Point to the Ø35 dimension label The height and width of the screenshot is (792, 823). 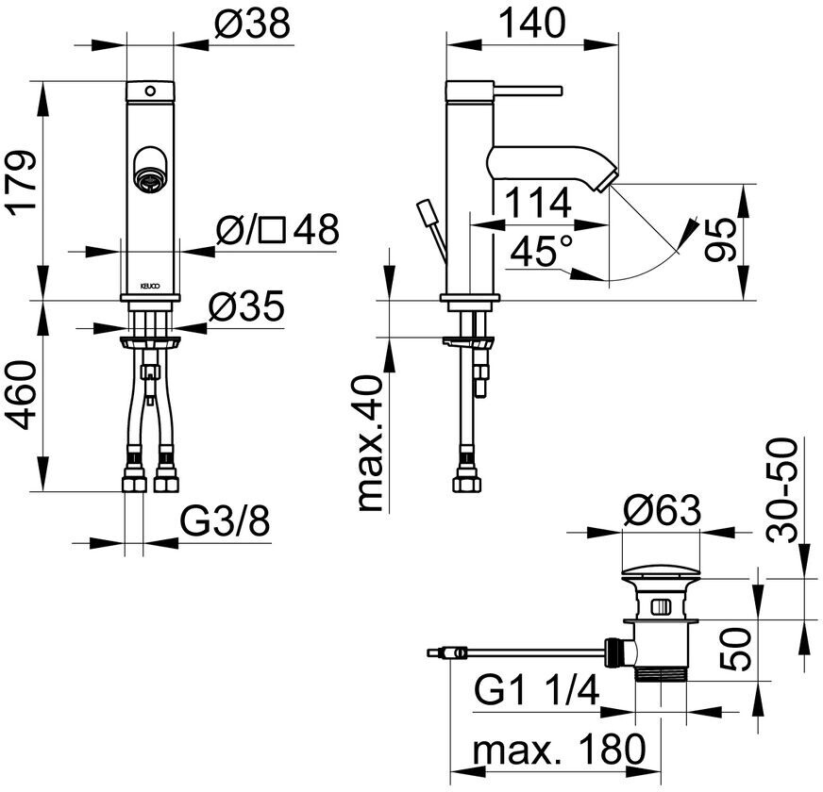pyautogui.click(x=246, y=308)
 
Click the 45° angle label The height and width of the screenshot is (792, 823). pyautogui.click(x=540, y=252)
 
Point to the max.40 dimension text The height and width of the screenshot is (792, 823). pyautogui.click(x=372, y=443)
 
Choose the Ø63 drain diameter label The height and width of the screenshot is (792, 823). pyautogui.click(x=663, y=510)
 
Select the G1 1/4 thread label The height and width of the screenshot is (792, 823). pyautogui.click(x=537, y=695)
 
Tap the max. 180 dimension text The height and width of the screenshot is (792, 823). pyautogui.click(x=560, y=751)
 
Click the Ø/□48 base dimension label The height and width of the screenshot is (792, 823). pyautogui.click(x=277, y=229)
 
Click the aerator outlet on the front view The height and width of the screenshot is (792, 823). pyautogui.click(x=148, y=173)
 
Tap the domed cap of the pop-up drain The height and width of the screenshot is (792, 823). pyautogui.click(x=659, y=571)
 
